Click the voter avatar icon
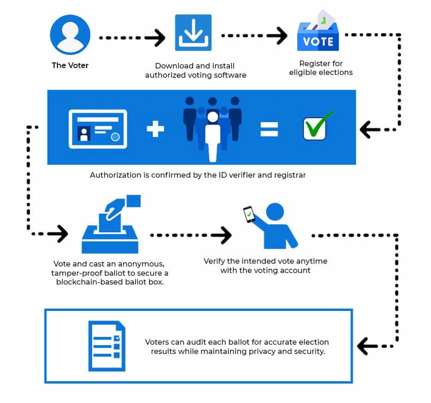70,35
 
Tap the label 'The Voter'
70,65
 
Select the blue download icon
193,32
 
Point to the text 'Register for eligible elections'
321,68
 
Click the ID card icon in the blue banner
98,129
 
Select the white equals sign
269,129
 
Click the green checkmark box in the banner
317,126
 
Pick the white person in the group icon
212,136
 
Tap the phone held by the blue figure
250,214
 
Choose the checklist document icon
107,346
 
